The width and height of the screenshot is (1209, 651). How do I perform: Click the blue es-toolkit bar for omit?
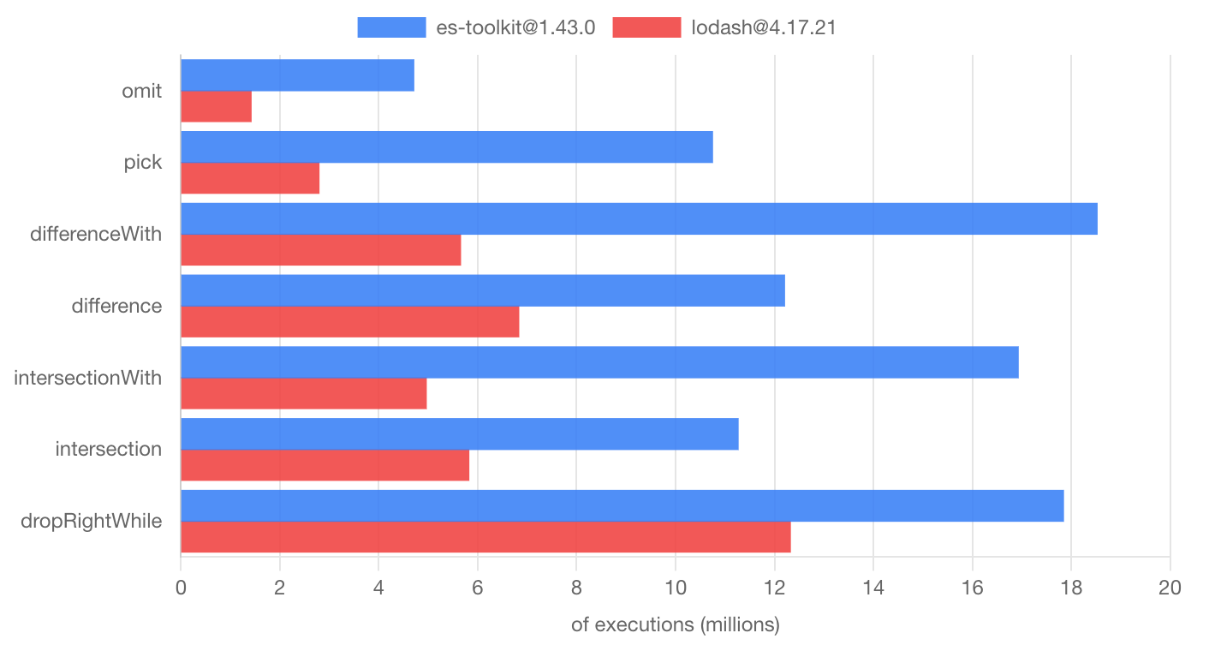click(297, 75)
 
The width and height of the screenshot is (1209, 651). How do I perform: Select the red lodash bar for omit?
click(216, 106)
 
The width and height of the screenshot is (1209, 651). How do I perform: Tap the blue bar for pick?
click(446, 147)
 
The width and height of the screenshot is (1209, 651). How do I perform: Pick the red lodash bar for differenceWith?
click(320, 249)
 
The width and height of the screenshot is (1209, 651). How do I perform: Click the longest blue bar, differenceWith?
click(639, 218)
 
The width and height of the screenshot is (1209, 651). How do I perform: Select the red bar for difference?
click(349, 321)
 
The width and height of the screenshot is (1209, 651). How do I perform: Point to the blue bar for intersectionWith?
click(599, 362)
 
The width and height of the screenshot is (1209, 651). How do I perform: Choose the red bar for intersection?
click(325, 465)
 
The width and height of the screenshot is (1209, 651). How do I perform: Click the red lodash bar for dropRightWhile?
click(485, 537)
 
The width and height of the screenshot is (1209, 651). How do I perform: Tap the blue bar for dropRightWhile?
click(622, 505)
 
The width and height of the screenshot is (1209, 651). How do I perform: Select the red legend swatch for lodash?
click(646, 27)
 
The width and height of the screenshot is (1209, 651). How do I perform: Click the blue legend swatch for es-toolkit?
click(391, 27)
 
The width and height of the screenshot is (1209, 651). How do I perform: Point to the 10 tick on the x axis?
click(675, 588)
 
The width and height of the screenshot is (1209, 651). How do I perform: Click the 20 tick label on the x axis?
click(1169, 588)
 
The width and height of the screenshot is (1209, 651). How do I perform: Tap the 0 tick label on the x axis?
click(181, 588)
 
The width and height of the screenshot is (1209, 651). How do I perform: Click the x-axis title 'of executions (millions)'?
click(675, 625)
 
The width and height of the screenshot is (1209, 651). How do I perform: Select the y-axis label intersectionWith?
click(88, 377)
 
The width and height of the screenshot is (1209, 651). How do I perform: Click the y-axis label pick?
click(142, 162)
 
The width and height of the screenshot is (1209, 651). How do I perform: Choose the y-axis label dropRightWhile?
click(91, 521)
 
